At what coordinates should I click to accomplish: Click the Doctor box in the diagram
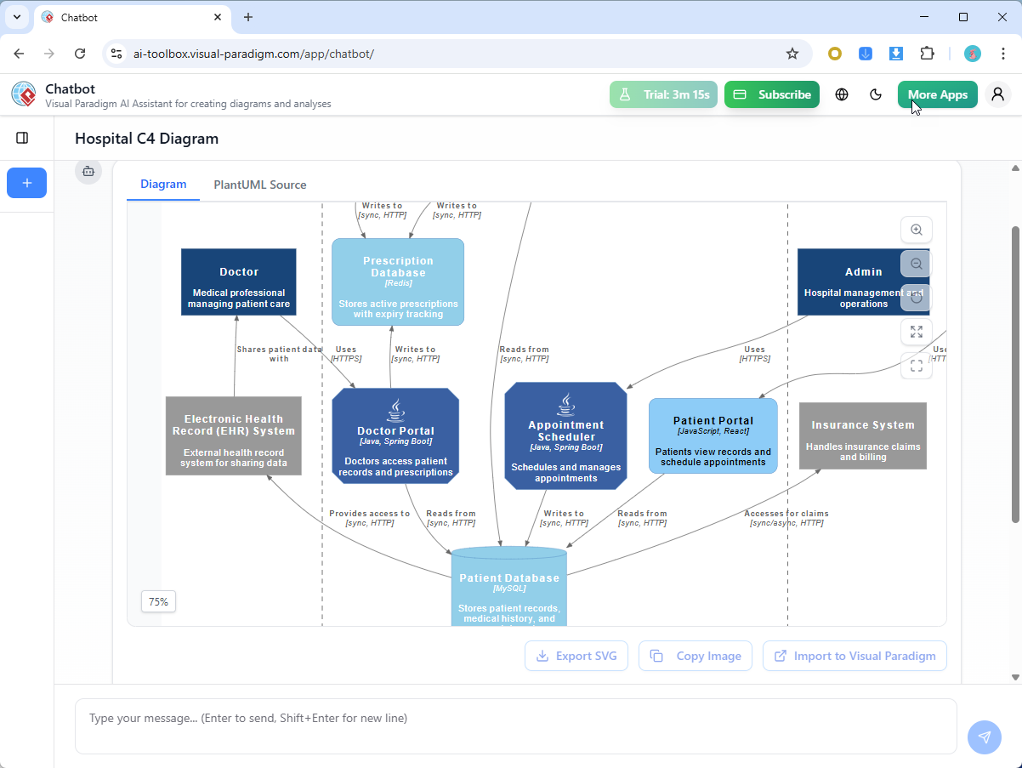[x=238, y=282]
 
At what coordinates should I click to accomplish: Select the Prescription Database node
[x=398, y=282]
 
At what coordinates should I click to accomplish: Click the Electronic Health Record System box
[x=233, y=435]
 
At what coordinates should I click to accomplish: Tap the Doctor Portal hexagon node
[x=395, y=436]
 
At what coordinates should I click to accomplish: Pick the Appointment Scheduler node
[x=565, y=435]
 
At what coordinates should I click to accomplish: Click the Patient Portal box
[x=713, y=435]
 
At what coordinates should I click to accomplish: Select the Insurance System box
[x=862, y=435]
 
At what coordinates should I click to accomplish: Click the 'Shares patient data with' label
[x=279, y=354]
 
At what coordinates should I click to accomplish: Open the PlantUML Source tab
[x=259, y=185]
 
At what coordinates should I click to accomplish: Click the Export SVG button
[x=576, y=656]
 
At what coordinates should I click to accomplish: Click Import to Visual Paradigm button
[x=855, y=656]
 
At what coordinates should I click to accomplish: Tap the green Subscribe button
[x=772, y=94]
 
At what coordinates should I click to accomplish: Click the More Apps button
[x=937, y=94]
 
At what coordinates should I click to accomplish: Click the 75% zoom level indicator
[x=158, y=601]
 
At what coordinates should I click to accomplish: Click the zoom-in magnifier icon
[x=916, y=230]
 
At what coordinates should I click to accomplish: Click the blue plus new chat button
[x=27, y=183]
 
